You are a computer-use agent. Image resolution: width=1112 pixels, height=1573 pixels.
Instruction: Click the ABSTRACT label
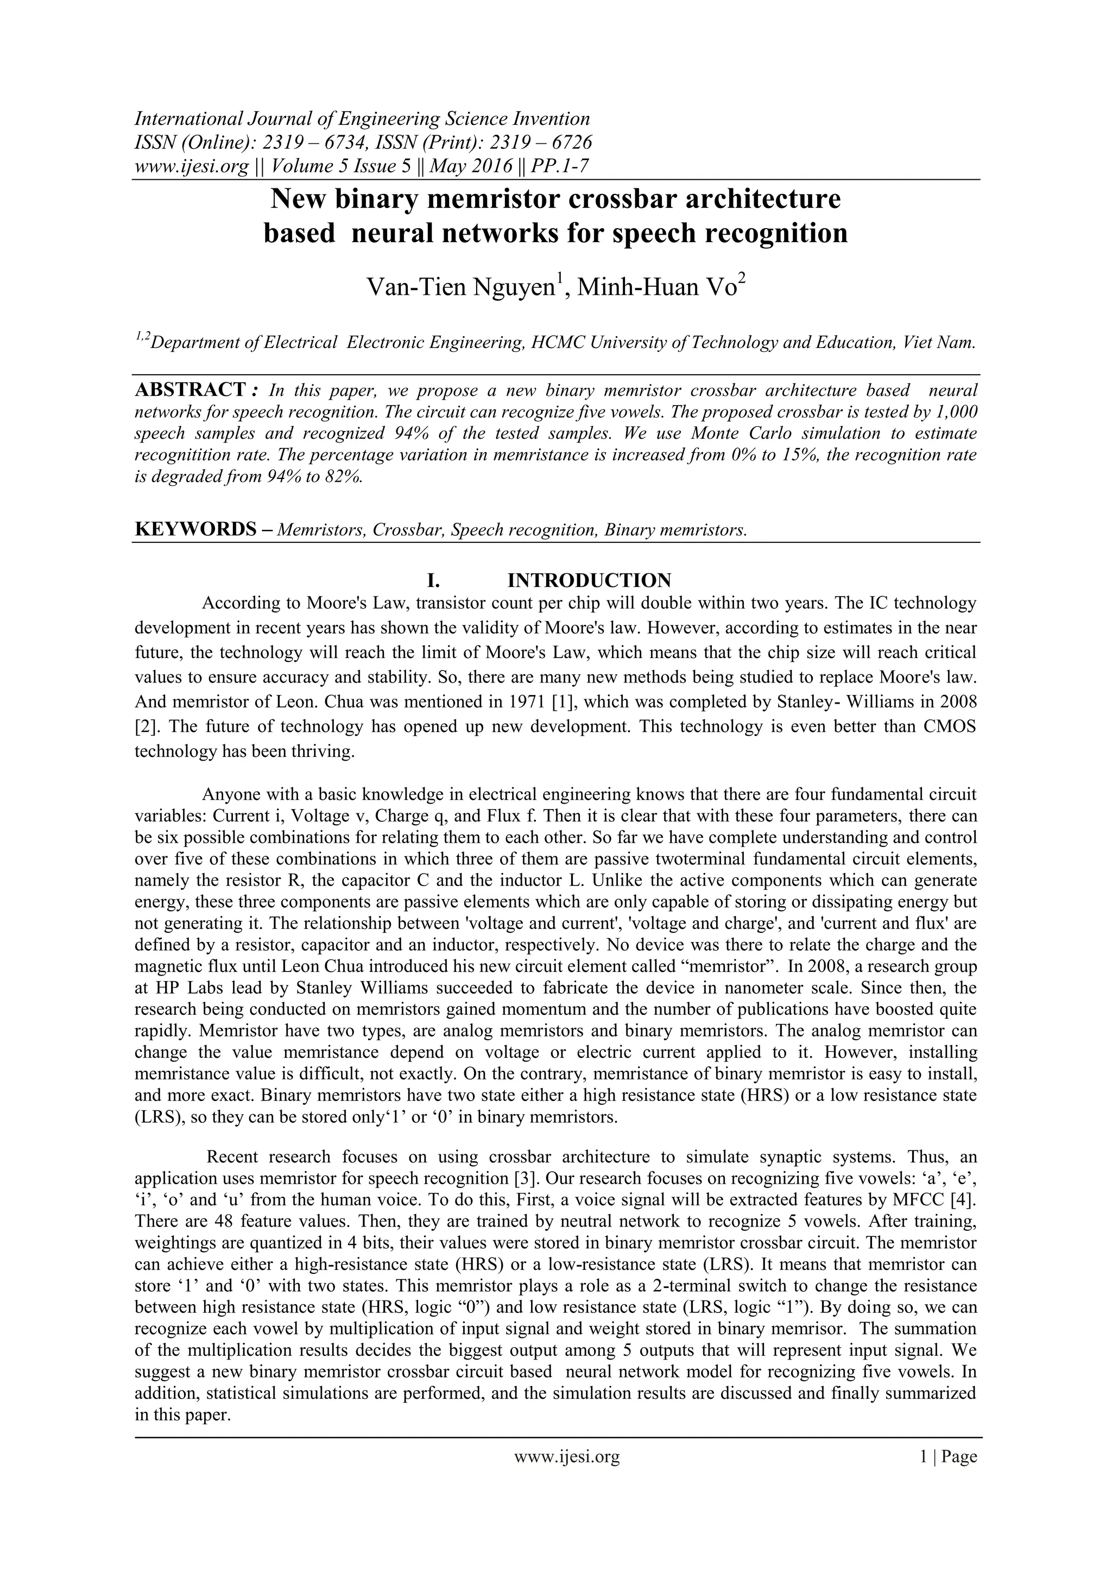click(x=190, y=390)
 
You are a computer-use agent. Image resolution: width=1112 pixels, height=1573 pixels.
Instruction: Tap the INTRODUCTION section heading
click(x=589, y=580)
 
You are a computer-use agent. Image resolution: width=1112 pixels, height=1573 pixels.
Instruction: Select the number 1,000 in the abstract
click(x=956, y=412)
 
